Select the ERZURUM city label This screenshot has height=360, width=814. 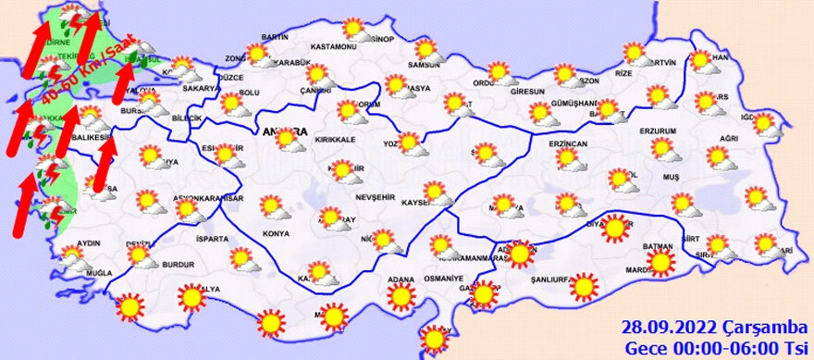tap(660, 130)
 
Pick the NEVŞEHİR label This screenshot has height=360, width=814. tap(376, 198)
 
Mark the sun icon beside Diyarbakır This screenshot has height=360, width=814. tap(614, 228)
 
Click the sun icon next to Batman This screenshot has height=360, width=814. tap(660, 263)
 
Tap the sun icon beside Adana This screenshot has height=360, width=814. tap(401, 297)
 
